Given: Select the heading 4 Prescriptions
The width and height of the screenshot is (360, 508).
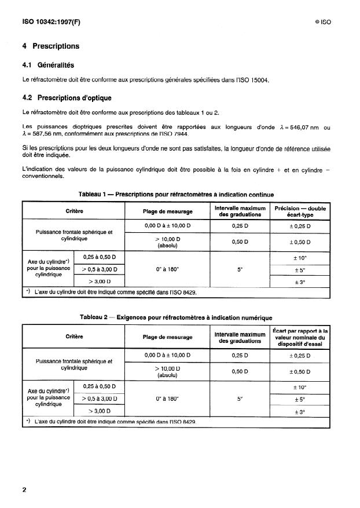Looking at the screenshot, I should [50, 46].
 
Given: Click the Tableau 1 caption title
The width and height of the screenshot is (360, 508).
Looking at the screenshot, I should [176, 195].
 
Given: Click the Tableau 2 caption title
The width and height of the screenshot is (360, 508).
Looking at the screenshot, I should [176, 317].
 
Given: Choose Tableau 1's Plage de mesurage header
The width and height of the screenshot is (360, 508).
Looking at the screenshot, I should [167, 211].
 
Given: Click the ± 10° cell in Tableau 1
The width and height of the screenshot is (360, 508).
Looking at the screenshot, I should [300, 257].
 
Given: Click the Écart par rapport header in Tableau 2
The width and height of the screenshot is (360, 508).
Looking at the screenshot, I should [300, 336].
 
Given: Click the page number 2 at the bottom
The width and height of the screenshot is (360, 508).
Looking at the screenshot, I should [24, 489].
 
